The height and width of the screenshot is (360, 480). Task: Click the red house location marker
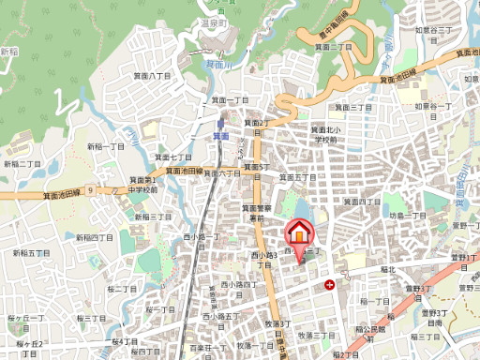point(299,235)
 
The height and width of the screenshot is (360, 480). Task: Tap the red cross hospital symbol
point(329,283)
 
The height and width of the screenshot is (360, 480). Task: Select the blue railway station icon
point(221,123)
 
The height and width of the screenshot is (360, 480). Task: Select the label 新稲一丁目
point(106,147)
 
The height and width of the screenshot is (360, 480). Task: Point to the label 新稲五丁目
point(31,253)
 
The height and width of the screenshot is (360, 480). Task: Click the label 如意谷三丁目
point(434,31)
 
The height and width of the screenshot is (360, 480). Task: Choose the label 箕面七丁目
point(175,157)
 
